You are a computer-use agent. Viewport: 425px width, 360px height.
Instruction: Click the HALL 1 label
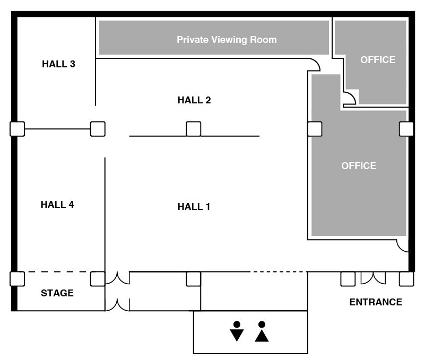click(x=194, y=207)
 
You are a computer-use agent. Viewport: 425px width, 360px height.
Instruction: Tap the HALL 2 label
click(x=194, y=100)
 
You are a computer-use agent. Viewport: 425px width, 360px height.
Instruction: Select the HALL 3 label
click(x=58, y=64)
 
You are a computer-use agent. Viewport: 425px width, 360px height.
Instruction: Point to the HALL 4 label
click(x=57, y=204)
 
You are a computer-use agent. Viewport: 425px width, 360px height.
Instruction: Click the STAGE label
click(x=57, y=293)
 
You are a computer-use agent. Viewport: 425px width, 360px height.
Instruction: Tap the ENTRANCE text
click(x=376, y=302)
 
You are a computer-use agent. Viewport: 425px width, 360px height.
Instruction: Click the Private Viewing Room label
click(x=227, y=40)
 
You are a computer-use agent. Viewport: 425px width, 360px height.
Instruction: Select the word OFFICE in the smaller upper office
click(x=378, y=59)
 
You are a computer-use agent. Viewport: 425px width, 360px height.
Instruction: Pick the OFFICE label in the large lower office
click(x=359, y=165)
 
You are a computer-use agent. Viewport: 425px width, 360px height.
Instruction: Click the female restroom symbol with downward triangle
click(x=237, y=331)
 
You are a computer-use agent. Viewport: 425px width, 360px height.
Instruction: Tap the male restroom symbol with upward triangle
click(x=262, y=331)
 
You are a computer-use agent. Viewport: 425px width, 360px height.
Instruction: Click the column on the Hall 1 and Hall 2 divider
click(x=194, y=129)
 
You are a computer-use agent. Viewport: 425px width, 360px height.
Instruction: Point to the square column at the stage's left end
click(x=18, y=279)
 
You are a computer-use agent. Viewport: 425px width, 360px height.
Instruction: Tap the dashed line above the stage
click(x=57, y=271)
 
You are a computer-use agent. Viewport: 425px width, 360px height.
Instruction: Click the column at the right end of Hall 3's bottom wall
click(x=98, y=129)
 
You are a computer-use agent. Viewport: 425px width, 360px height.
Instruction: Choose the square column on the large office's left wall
click(x=315, y=129)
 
